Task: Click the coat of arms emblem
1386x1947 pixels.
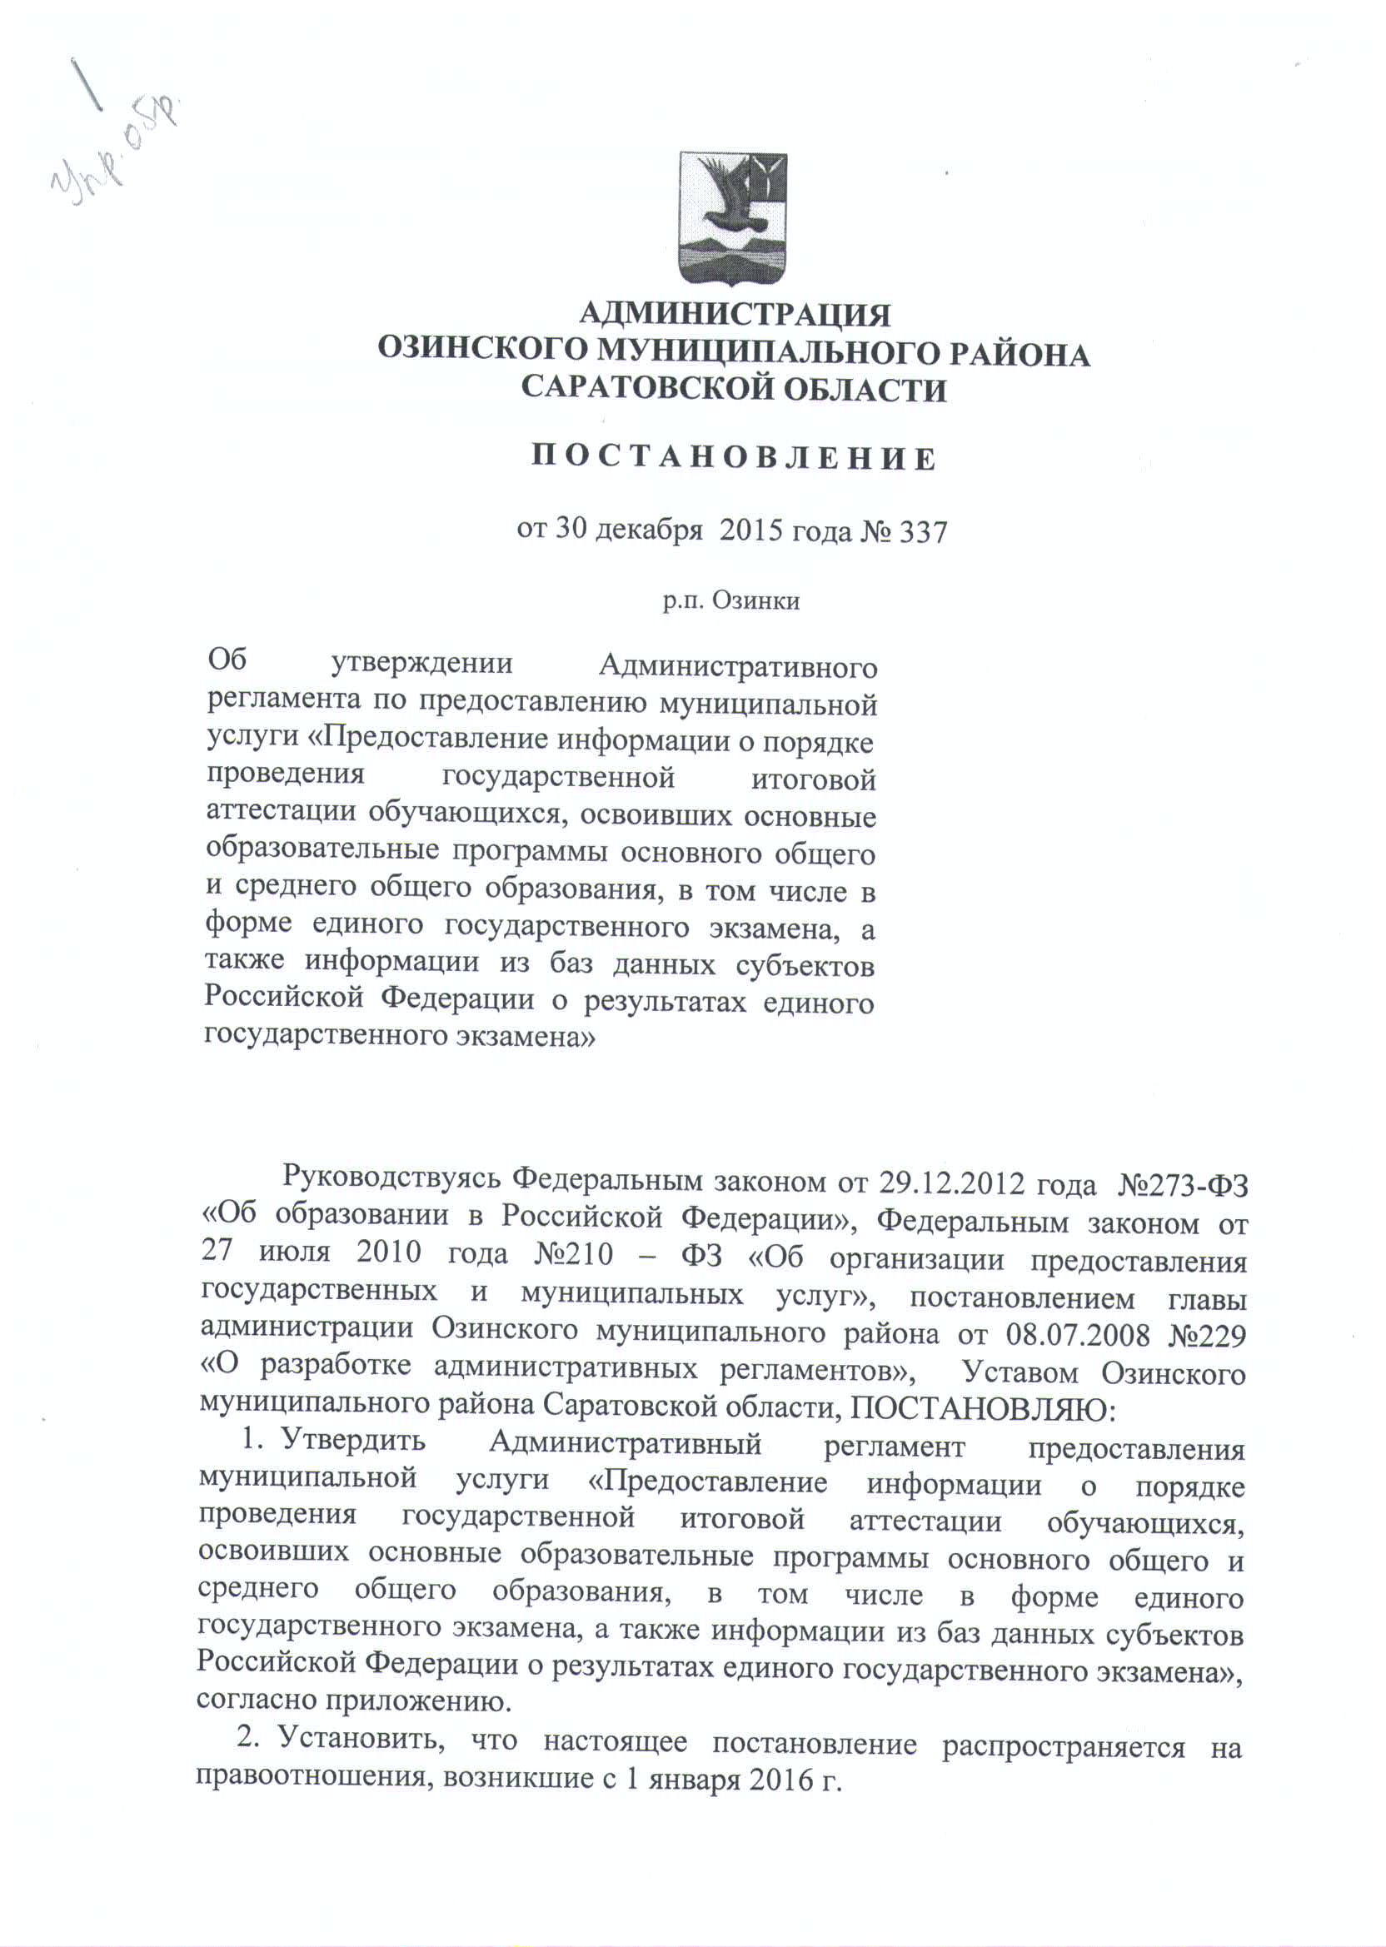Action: click(x=731, y=217)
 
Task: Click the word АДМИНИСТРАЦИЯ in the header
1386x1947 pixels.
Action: click(x=734, y=315)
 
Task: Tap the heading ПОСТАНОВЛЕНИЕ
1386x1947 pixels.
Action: click(x=734, y=458)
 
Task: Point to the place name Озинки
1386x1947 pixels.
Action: click(x=755, y=600)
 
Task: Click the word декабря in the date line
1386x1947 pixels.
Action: click(x=649, y=530)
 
